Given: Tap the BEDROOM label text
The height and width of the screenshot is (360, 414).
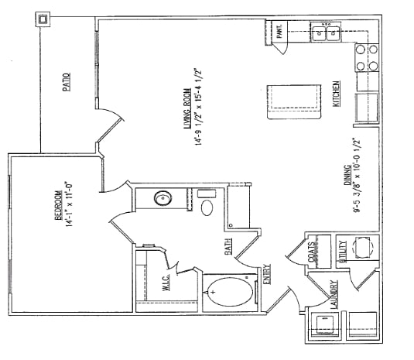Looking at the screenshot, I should click(59, 221).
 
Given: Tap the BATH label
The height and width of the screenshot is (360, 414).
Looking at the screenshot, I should click(229, 247).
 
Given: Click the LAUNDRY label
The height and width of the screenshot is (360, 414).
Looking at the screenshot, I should click(334, 295).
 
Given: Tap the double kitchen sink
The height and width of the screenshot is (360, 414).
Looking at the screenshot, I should click(328, 34).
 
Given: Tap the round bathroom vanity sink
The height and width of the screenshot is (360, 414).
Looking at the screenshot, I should click(163, 199).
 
